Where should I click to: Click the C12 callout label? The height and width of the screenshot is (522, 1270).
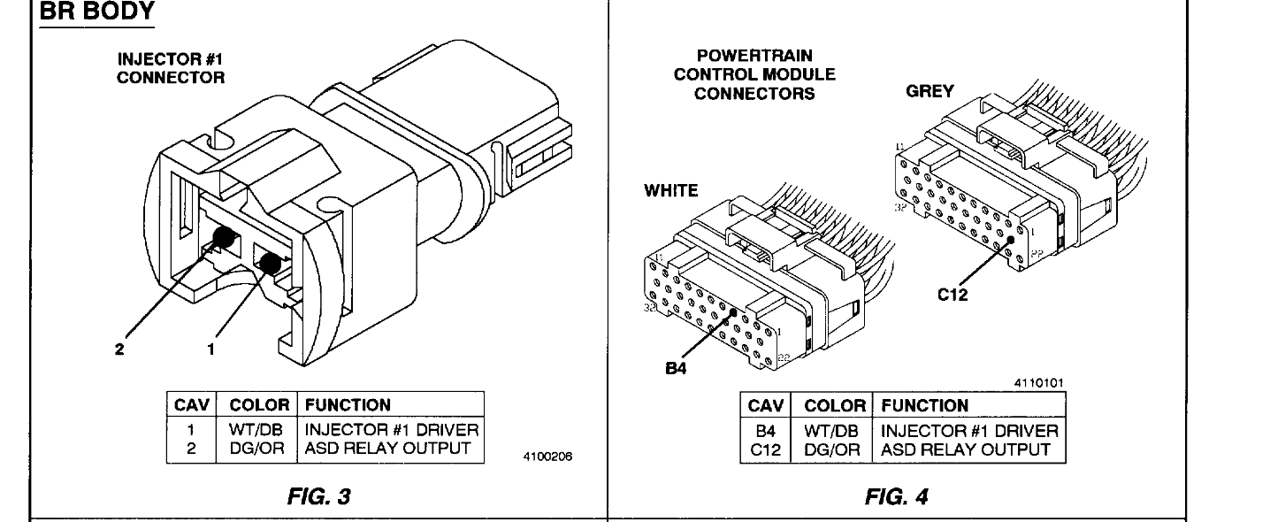(x=953, y=295)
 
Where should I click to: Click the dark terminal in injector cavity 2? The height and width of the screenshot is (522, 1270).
(x=225, y=238)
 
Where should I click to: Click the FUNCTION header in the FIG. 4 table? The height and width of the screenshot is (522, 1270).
(x=924, y=406)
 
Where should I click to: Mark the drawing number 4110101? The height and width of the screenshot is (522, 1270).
(x=1040, y=382)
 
